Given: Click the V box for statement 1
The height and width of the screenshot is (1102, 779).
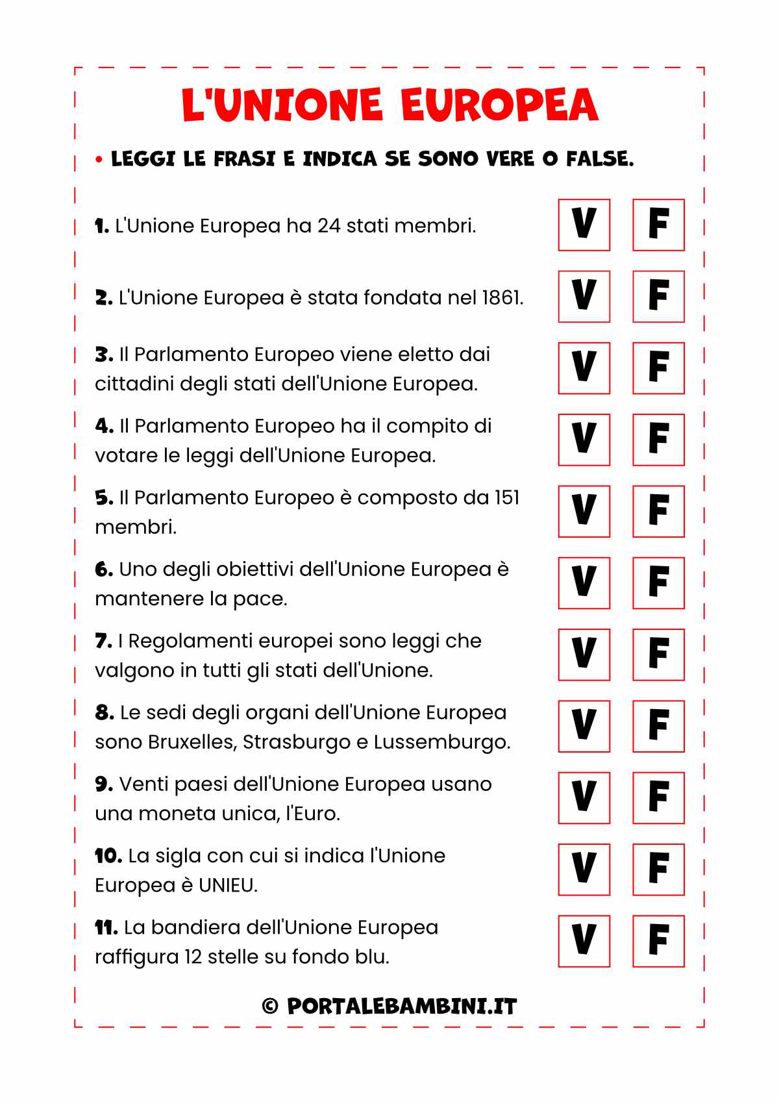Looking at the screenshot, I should [584, 225].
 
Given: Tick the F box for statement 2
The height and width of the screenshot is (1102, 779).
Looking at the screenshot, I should [658, 296].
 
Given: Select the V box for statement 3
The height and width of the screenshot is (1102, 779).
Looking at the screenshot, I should [584, 368].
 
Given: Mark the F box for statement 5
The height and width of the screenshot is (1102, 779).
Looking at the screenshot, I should [658, 511].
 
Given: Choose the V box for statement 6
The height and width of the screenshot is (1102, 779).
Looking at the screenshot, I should [584, 582].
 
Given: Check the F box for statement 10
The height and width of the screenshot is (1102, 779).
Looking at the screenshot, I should [658, 869].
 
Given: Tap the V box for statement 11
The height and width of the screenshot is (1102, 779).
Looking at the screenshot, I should [584, 940].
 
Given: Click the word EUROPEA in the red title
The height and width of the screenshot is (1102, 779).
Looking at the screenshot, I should [499, 105].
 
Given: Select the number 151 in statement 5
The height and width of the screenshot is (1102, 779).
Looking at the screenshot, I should [506, 497].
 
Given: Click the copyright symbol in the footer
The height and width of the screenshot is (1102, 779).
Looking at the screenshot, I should [270, 1007].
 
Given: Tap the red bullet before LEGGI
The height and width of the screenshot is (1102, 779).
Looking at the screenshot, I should [99, 159].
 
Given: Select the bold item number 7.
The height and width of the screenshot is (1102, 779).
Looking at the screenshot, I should [104, 641].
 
